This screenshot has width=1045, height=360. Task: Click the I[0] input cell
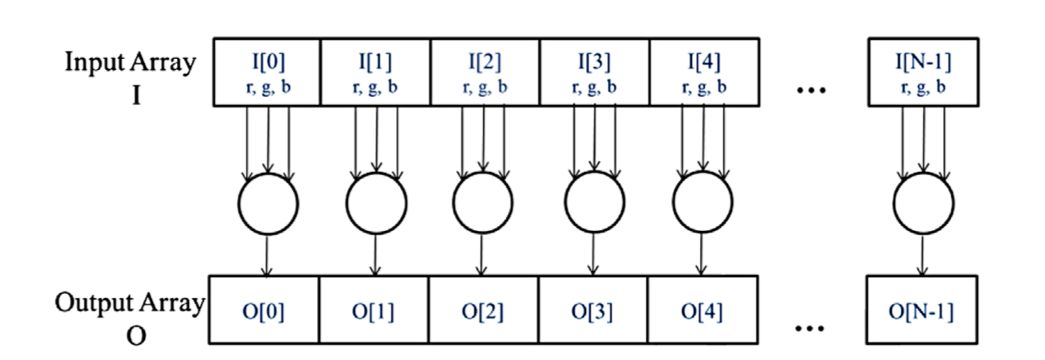(267, 72)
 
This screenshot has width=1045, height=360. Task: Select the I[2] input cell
(485, 72)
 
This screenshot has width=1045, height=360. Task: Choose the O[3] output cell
(594, 310)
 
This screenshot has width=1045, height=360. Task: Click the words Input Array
(130, 64)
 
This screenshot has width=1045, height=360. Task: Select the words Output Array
(130, 303)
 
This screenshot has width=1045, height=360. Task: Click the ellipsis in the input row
(812, 89)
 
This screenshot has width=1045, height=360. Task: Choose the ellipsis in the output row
(812, 327)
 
